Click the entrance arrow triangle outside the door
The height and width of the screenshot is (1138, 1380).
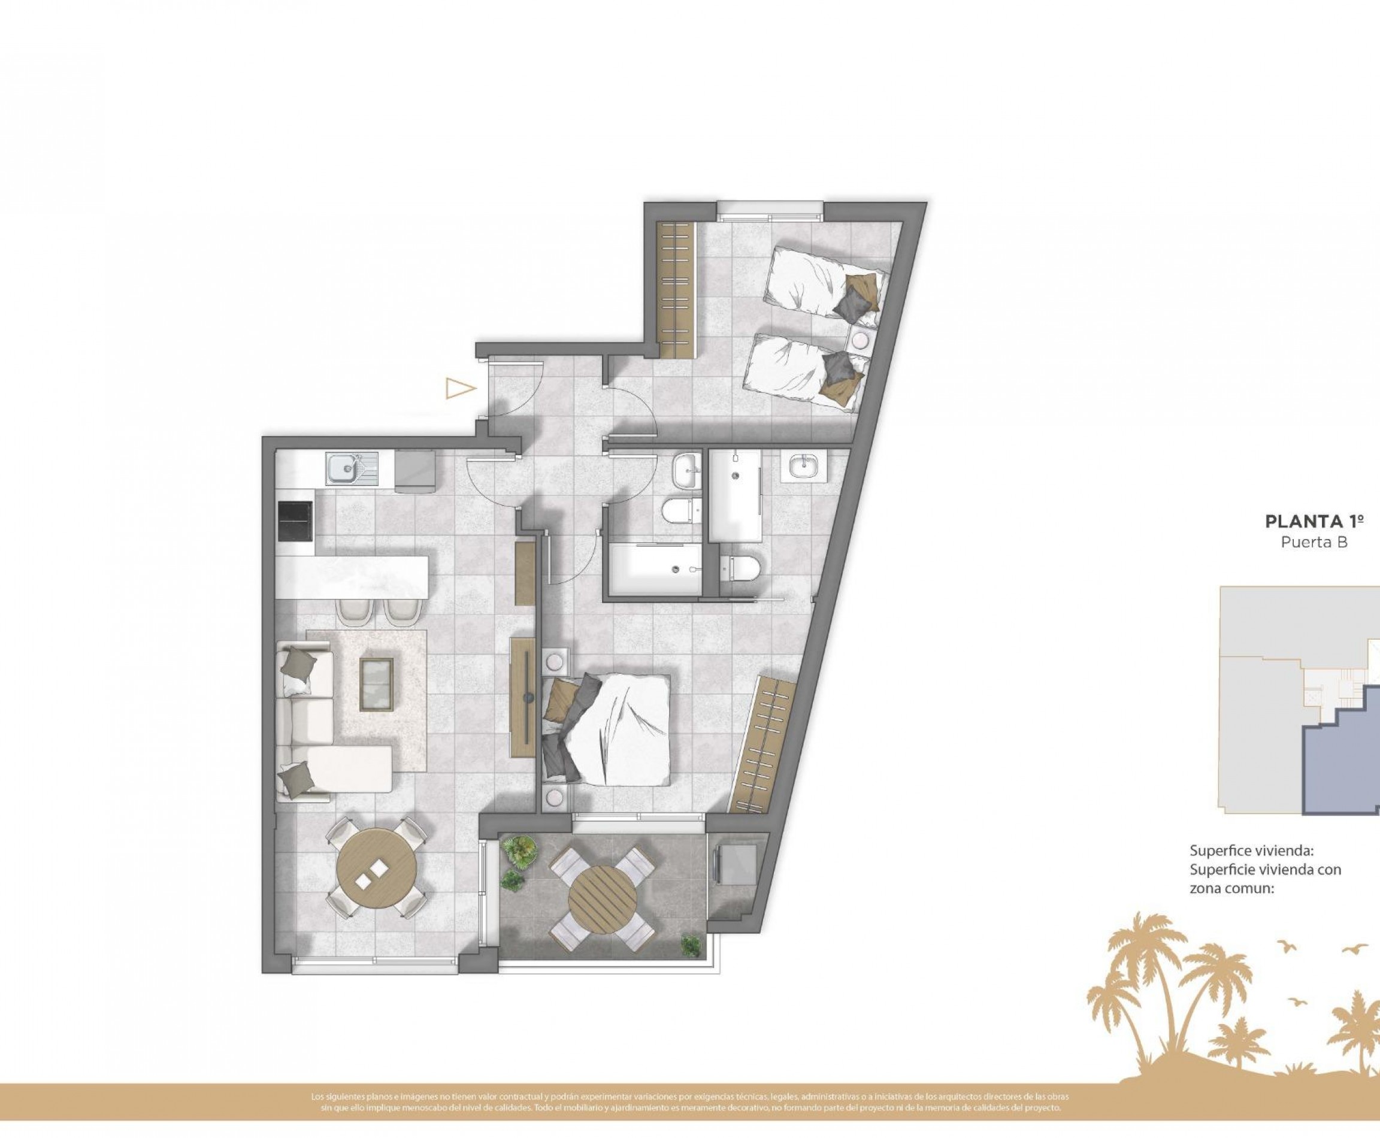click(x=460, y=389)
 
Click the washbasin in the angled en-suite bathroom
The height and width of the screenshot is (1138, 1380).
click(x=804, y=467)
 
